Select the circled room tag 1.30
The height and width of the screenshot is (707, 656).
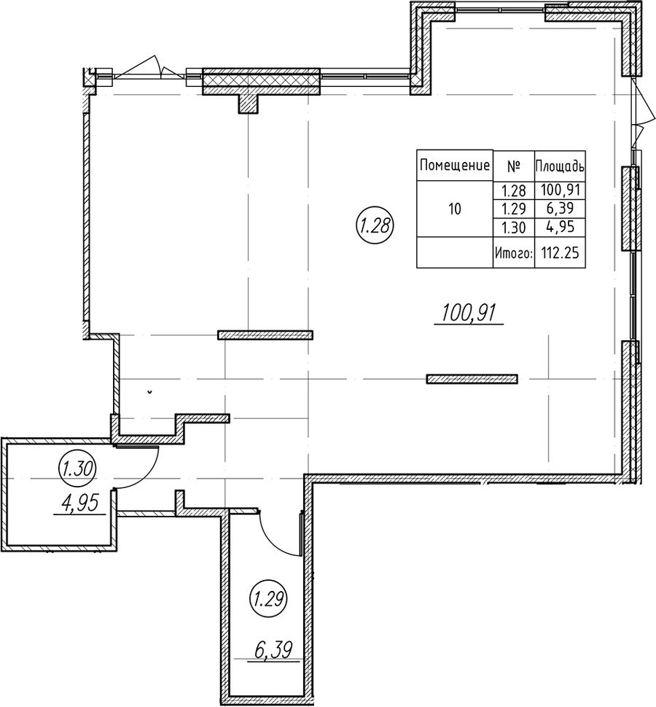pyautogui.click(x=77, y=470)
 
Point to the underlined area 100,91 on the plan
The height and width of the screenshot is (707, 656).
pyautogui.click(x=469, y=313)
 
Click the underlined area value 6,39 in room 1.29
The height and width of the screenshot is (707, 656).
pyautogui.click(x=273, y=651)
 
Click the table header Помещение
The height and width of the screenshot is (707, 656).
pyautogui.click(x=455, y=166)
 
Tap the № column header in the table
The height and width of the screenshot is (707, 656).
pyautogui.click(x=514, y=166)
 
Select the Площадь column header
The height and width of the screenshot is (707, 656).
pyautogui.click(x=560, y=166)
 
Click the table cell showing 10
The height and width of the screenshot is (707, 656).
pyautogui.click(x=455, y=209)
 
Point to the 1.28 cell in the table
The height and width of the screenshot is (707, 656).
pyautogui.click(x=514, y=190)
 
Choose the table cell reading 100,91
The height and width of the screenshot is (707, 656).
pyautogui.click(x=560, y=190)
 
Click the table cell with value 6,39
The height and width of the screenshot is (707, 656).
pyautogui.click(x=560, y=209)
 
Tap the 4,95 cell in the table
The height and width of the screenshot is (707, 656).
pyautogui.click(x=560, y=227)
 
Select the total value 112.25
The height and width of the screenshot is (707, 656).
pyautogui.click(x=560, y=253)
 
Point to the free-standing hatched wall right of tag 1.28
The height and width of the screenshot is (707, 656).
pyautogui.click(x=472, y=379)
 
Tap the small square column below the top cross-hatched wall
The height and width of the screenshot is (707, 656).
pyautogui.click(x=248, y=104)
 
